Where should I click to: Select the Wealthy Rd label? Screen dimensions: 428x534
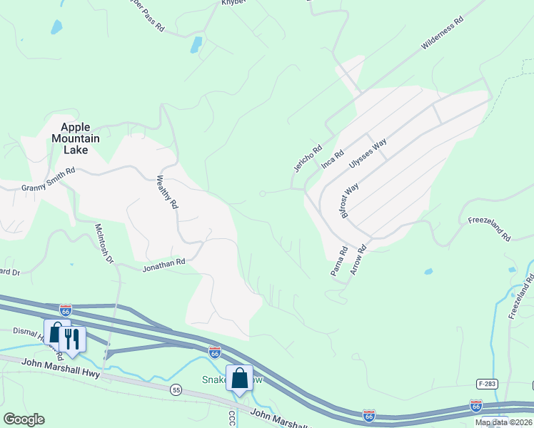(166, 192)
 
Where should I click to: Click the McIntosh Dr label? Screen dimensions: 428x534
(104, 243)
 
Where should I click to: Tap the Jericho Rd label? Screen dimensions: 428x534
(304, 158)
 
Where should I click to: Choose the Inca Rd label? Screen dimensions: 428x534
(333, 158)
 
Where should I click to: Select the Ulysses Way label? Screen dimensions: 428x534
(368, 153)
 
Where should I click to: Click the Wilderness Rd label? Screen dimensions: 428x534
(443, 34)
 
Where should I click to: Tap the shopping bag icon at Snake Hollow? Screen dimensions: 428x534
(240, 377)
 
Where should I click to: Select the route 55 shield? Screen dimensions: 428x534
(175, 389)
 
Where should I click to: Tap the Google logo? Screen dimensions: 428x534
(24, 419)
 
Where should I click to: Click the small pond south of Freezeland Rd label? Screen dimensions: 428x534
(428, 272)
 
